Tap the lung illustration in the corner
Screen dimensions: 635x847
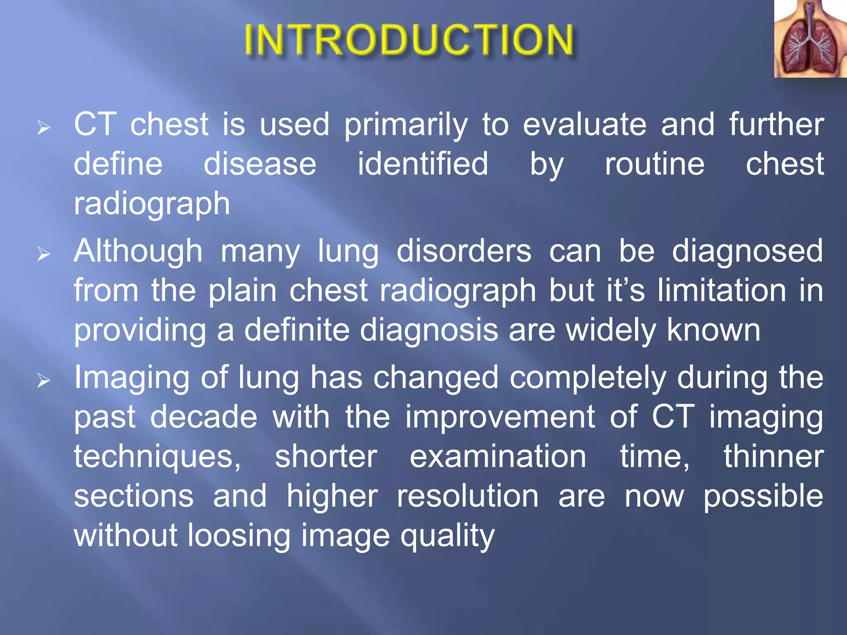coord(810,39)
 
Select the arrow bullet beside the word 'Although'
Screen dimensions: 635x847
coord(43,254)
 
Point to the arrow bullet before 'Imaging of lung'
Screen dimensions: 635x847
coord(43,380)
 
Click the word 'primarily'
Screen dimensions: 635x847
coord(406,125)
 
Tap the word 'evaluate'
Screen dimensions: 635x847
coord(584,125)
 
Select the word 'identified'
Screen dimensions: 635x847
coord(423,164)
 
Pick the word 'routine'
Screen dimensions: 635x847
coord(654,164)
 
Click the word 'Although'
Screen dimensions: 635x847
coord(138,251)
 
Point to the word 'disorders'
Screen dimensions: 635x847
coord(464,251)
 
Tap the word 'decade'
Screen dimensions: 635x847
coord(203,417)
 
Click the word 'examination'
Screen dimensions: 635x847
coord(498,457)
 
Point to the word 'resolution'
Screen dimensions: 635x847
coord(468,496)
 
